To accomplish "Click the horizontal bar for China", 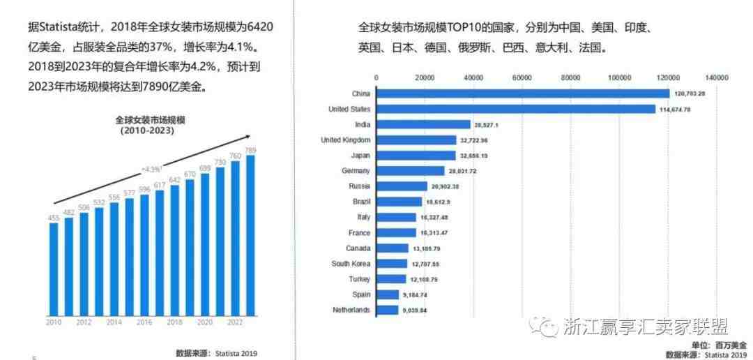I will pos(522,93).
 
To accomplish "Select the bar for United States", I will pos(516,109).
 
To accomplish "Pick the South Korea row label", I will pos(351,264).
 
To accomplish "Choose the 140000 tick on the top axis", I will pos(717,77).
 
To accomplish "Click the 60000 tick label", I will pos(522,77).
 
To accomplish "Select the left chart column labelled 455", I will pos(54,269).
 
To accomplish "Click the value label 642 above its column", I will pos(175,180).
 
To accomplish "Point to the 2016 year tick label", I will pos(144,322).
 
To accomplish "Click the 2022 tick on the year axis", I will pos(234,322).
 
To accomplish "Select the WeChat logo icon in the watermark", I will pos(540,326).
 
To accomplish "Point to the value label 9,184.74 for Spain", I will pos(416,294).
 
